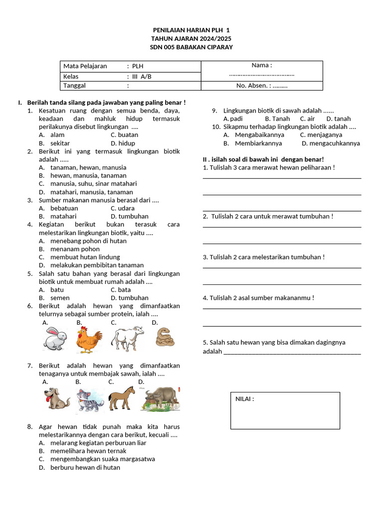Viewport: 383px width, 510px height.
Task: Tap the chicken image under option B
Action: pos(89,340)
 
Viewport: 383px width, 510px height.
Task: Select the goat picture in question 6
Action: pos(127,339)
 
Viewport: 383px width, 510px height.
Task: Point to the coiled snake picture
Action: pos(165,337)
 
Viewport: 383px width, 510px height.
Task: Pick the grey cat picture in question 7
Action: pos(90,400)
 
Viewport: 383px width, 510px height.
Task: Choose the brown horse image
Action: pos(122,398)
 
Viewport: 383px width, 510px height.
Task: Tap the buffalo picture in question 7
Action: pos(160,399)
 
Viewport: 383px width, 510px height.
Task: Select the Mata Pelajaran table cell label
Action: pos(85,66)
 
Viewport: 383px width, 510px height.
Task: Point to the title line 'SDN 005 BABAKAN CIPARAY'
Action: pos(191,47)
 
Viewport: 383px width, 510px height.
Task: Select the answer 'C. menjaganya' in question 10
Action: pos(321,134)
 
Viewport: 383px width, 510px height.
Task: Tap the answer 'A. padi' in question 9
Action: pos(233,119)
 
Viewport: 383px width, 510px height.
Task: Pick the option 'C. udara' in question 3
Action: pos(122,208)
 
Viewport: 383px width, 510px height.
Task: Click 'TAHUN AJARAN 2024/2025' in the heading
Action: pos(191,38)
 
